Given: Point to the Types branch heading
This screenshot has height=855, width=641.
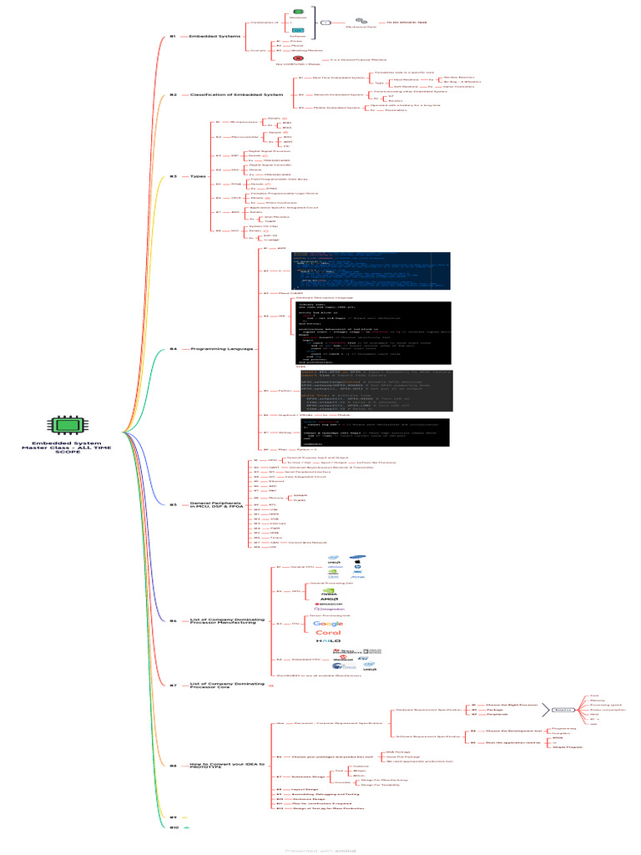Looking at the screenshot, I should click(198, 176).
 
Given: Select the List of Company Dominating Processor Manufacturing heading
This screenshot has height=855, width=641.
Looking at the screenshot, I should click(225, 621).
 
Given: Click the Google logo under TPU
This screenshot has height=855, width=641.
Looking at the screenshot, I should click(328, 624).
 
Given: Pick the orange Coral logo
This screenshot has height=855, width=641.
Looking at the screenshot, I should click(328, 633).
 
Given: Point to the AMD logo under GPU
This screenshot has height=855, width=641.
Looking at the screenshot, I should click(329, 598).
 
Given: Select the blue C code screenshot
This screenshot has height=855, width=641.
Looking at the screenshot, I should click(370, 271).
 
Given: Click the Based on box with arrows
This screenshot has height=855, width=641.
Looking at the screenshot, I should click(562, 710).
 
